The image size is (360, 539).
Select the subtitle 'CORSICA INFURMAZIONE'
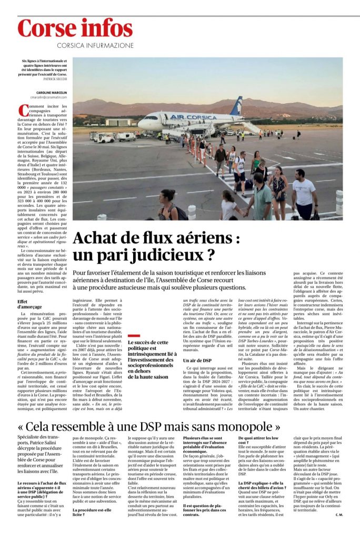pos(94,45)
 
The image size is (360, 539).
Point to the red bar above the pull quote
pos(134,335)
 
